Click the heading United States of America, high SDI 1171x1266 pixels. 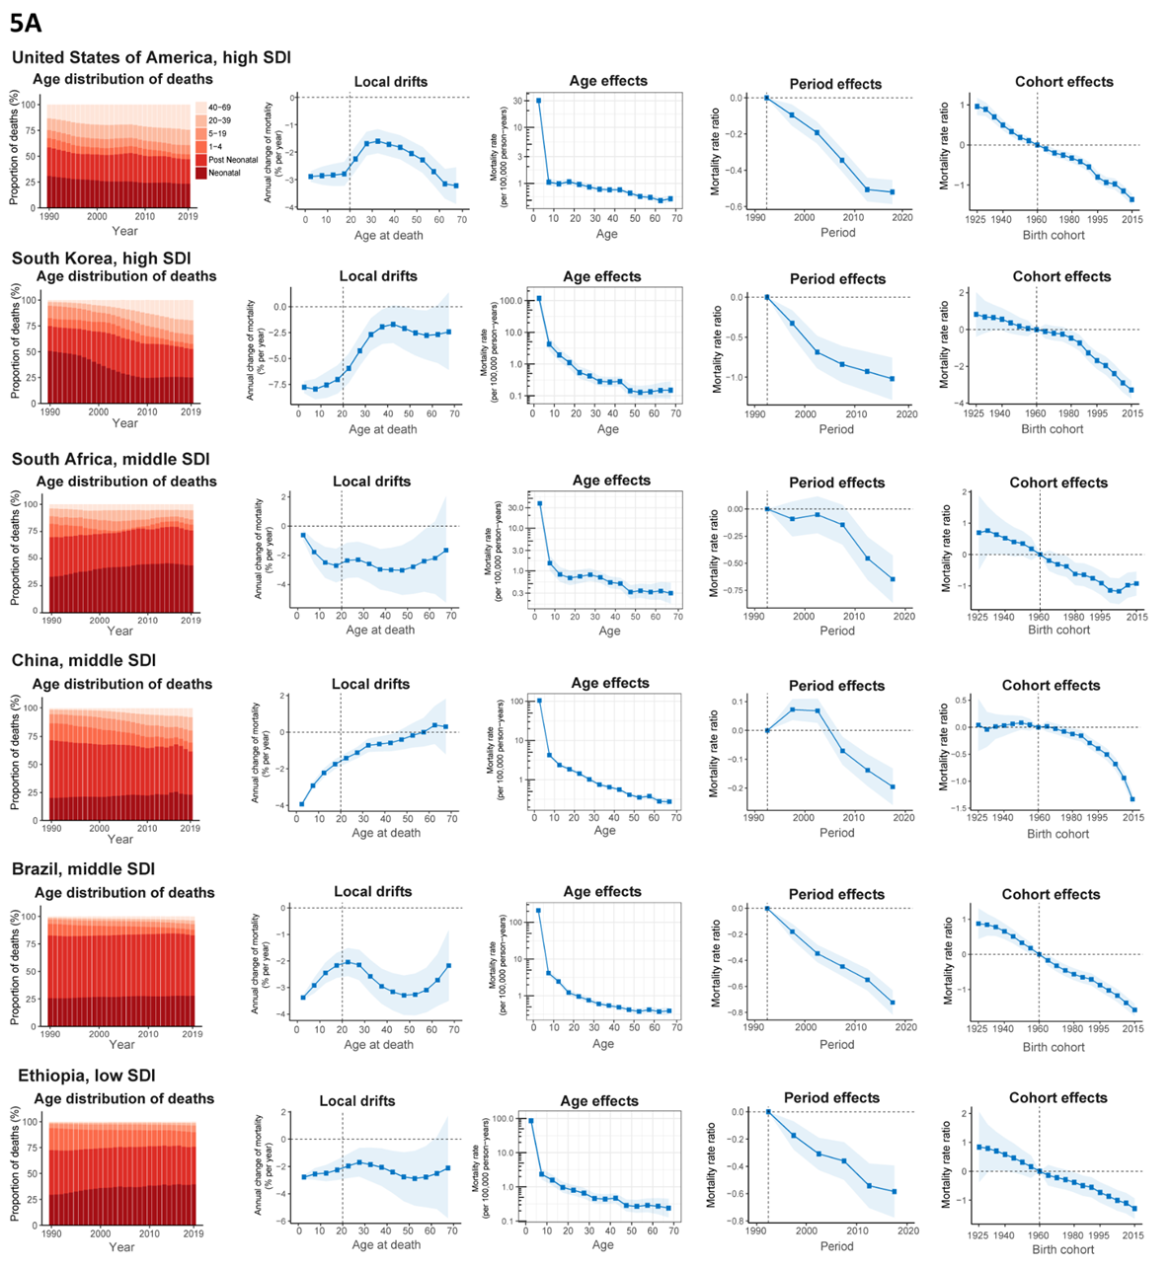[151, 58]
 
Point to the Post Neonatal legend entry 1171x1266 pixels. [232, 160]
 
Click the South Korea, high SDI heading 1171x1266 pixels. [101, 259]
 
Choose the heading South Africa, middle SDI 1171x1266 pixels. [111, 460]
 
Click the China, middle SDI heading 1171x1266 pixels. [84, 660]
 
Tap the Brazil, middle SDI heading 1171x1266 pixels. [83, 869]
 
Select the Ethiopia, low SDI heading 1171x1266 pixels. [87, 1076]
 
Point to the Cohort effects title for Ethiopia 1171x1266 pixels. [1057, 1098]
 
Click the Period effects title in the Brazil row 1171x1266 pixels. [836, 894]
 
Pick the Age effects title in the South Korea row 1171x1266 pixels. [601, 277]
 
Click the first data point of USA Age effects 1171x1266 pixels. [538, 101]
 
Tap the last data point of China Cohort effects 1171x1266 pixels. [1132, 799]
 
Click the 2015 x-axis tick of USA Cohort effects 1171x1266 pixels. [1132, 220]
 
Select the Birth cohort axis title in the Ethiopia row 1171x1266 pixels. [1057, 1249]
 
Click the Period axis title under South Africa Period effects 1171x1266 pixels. [836, 630]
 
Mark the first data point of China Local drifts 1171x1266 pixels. [302, 804]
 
